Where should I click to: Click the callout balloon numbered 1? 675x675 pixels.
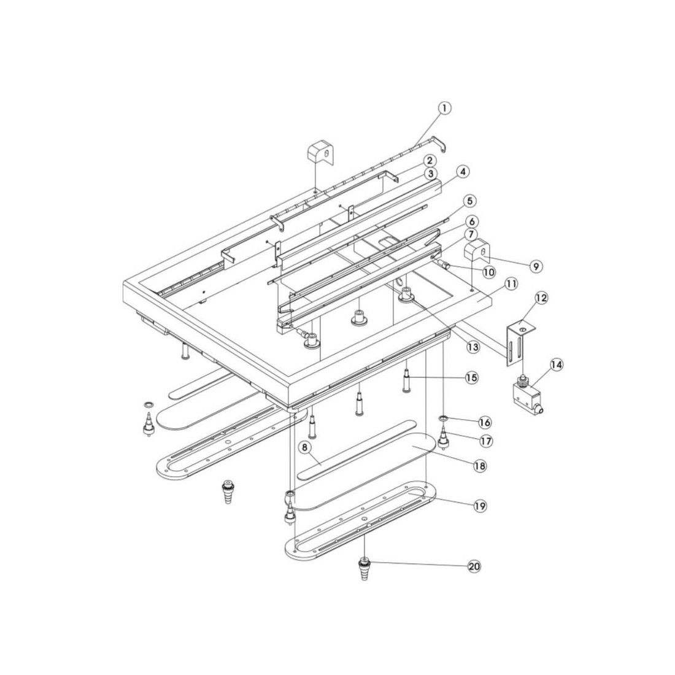(x=445, y=107)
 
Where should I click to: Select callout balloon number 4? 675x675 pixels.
(x=462, y=172)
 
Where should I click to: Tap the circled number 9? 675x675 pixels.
(x=536, y=266)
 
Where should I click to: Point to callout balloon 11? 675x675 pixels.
(x=511, y=284)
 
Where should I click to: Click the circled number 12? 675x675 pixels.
(x=542, y=298)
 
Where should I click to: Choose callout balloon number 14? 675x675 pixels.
(x=556, y=365)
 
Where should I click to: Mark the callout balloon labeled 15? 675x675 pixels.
(x=471, y=377)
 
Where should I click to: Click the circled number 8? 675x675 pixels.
(x=305, y=448)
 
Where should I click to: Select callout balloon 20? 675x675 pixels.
(x=474, y=566)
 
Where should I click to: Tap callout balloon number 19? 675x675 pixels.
(x=480, y=506)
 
